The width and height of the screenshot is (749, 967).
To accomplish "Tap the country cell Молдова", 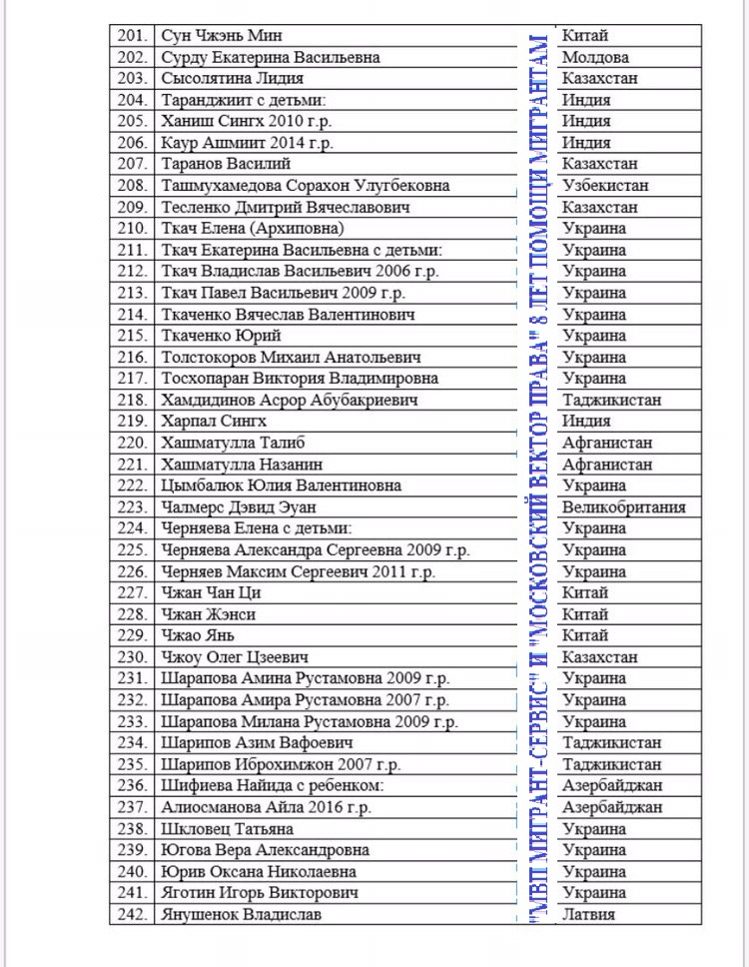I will tap(595, 57).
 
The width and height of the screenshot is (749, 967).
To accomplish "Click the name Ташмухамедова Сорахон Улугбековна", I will tap(305, 186).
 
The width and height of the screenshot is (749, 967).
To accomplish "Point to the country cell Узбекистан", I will tap(605, 186).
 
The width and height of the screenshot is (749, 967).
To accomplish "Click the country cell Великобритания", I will tap(623, 507).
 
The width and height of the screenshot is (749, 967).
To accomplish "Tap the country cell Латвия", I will tap(588, 914).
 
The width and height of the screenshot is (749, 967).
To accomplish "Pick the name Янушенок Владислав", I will tap(241, 914).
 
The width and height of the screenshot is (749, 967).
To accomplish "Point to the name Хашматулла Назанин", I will tap(241, 465).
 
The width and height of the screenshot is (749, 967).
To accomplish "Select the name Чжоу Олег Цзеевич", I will tap(234, 657).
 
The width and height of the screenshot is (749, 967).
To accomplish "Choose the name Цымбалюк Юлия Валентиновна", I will tap(281, 485).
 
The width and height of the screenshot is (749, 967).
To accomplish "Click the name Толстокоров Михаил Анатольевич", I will tap(291, 357).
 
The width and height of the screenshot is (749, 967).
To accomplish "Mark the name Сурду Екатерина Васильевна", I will tap(270, 57).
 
